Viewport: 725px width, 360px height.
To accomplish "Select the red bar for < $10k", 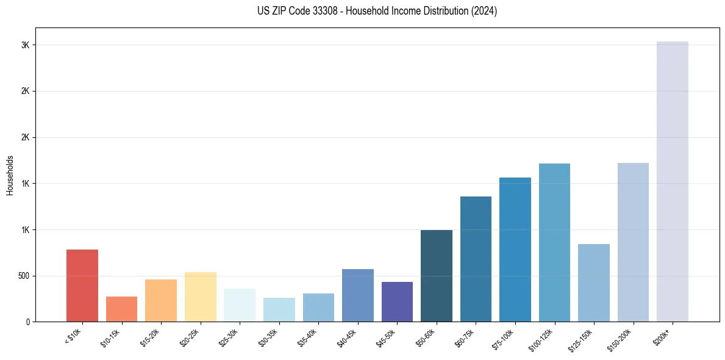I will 82,286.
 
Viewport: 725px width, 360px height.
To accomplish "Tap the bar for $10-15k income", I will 121,309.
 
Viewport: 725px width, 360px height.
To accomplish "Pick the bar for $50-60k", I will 437,276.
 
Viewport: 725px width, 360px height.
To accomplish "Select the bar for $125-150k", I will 594,283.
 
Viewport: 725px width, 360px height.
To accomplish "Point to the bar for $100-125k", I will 554,242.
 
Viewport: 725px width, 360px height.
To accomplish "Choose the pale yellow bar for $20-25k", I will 200,297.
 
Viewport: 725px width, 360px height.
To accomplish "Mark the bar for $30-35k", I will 279,309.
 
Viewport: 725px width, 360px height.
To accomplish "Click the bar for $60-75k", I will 476,259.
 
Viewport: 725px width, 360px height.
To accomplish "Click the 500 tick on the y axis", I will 23,276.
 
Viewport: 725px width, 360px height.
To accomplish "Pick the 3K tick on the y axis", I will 26,45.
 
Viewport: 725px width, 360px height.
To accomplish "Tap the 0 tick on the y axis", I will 28,322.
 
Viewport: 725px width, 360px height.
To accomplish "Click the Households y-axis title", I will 10,175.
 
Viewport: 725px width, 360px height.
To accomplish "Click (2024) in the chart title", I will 484,11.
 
